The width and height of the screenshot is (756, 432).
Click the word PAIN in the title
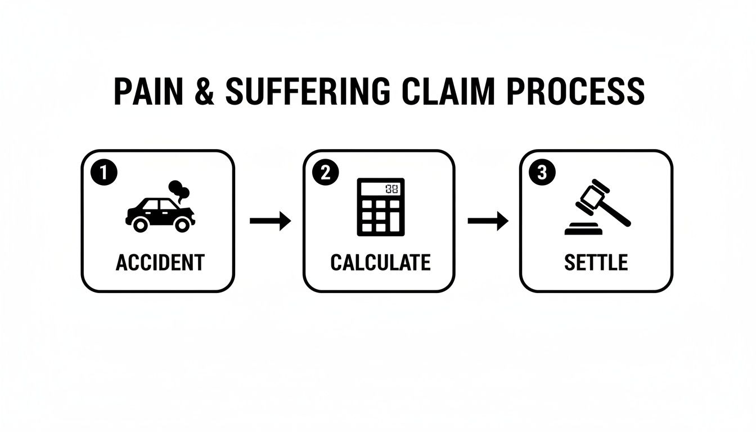coord(148,92)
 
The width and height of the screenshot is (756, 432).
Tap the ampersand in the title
coord(205,92)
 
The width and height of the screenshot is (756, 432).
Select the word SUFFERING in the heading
coord(308,92)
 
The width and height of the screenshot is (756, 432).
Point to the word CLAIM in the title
coord(448,92)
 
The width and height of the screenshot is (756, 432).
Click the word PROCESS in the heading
coord(576,92)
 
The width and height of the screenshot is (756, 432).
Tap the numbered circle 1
coord(104,173)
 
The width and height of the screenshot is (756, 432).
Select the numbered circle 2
coord(325,173)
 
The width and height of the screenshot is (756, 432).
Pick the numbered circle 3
coord(542,173)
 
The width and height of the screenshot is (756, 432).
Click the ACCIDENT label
coord(160,263)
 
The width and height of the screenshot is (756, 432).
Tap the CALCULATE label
coord(380,263)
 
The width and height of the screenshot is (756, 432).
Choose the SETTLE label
coord(596,263)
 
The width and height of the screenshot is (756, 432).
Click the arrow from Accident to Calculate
coord(271,221)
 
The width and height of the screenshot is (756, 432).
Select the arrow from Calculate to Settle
coord(488,221)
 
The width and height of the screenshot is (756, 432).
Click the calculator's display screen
coord(380,189)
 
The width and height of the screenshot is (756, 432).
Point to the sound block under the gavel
coord(583,229)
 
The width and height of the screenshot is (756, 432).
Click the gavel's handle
coord(616,213)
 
